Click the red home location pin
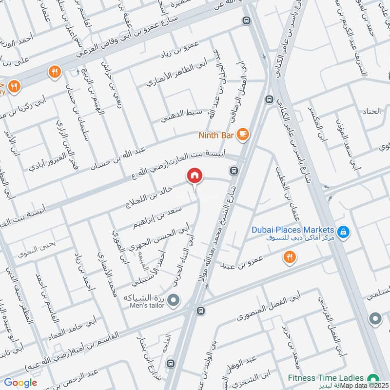[x=195, y=175]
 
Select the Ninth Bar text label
[x=216, y=134]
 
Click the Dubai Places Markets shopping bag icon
[x=344, y=232]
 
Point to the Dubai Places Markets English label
[x=292, y=230]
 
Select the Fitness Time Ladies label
[x=326, y=378]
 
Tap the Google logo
[x=20, y=383]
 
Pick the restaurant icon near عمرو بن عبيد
[x=290, y=258]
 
